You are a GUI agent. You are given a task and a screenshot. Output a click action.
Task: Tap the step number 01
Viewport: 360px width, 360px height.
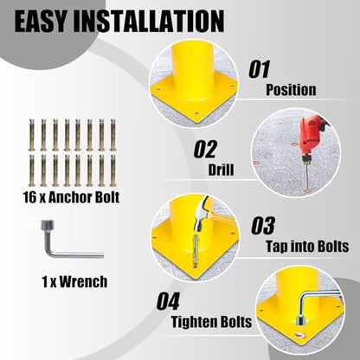point(260,69)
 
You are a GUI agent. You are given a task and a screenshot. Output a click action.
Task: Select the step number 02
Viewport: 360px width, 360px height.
point(205,149)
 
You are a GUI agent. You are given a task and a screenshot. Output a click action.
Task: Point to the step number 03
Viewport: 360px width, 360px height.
point(263,226)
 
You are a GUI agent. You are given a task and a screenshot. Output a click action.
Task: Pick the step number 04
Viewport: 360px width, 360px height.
point(168,301)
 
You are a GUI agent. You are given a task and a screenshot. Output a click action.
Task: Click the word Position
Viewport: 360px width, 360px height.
point(291,90)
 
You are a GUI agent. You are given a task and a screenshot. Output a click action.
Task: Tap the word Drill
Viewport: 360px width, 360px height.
point(221,170)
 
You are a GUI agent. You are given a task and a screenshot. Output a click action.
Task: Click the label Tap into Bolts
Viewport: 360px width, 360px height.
point(307,247)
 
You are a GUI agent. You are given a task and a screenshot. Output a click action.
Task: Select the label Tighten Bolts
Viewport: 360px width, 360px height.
point(211,322)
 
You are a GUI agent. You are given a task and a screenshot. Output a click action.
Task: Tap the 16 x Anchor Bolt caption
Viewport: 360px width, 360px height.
point(71,197)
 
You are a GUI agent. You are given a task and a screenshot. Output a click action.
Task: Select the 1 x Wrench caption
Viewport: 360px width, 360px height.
point(74,281)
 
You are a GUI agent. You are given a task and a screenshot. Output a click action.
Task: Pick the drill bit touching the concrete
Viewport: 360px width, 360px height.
point(306,177)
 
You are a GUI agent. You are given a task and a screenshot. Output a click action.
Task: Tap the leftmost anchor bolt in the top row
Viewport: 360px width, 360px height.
point(32,135)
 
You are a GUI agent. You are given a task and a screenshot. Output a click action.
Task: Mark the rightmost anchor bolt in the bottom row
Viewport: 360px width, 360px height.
point(112,170)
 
